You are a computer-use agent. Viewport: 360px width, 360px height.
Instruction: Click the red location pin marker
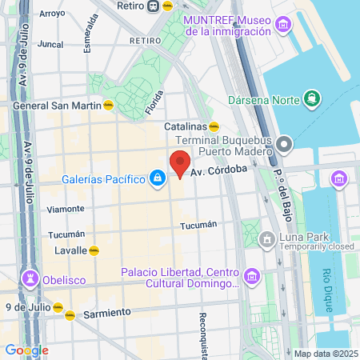pyautogui.click(x=180, y=163)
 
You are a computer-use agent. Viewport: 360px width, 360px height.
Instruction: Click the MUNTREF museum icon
pyautogui.click(x=281, y=26)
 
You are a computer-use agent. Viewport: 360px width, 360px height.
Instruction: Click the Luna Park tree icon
pyautogui.click(x=270, y=238)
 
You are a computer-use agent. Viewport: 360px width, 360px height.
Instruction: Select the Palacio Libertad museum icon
pyautogui.click(x=251, y=277)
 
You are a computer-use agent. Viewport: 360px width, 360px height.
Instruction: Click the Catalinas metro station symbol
pyautogui.click(x=214, y=126)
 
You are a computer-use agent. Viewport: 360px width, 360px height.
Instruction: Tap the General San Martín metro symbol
pyautogui.click(x=107, y=104)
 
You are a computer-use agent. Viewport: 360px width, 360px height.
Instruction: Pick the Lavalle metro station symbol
pyautogui.click(x=94, y=250)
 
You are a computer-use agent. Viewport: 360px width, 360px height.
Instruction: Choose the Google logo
pyautogui.click(x=26, y=350)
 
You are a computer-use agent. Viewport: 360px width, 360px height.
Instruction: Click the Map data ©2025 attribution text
pyautogui.click(x=326, y=354)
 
